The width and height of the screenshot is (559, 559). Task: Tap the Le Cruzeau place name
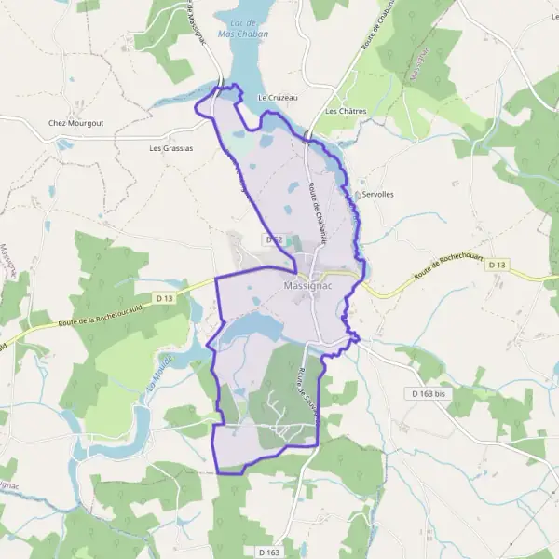(276, 97)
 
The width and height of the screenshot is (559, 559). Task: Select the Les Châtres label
(347, 111)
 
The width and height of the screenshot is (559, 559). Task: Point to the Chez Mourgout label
(75, 122)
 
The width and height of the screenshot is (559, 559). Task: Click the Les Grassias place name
(170, 147)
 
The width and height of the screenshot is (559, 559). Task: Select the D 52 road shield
(273, 239)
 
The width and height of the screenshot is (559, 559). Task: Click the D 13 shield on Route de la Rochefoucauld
(166, 297)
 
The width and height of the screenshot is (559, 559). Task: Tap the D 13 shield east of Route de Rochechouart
(498, 265)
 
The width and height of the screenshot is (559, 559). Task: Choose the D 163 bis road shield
(429, 393)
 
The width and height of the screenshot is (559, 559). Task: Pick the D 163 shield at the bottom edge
(267, 552)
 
